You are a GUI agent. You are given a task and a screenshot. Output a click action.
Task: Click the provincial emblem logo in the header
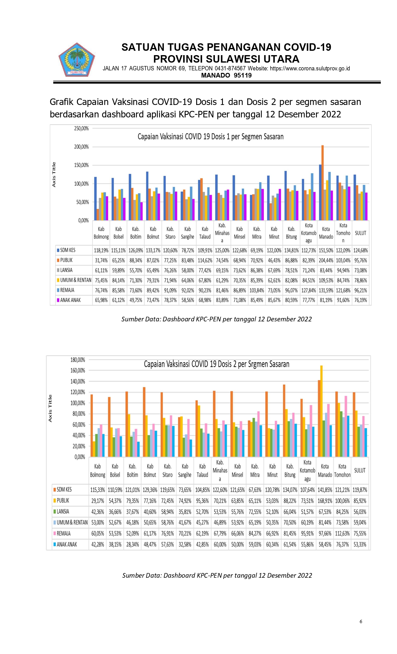coord(77,60)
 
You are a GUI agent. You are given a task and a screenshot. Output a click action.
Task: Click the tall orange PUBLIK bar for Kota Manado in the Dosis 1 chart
coord(323,183)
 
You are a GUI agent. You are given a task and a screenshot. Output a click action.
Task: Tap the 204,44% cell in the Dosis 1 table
coord(326,260)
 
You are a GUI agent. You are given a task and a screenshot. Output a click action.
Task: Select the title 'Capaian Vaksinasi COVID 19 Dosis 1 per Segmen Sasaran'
coord(210,137)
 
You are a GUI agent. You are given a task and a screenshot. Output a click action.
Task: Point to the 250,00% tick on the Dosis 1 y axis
coord(81,128)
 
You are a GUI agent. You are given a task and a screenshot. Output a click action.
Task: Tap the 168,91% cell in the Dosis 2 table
coord(325,501)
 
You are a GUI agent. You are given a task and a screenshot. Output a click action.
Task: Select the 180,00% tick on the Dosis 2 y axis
coord(78,360)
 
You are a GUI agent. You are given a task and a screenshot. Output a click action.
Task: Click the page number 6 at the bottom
coord(361,621)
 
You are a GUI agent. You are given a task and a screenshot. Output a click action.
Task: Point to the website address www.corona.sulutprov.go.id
coord(310,69)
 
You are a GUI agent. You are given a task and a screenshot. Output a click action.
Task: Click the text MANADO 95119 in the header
coord(226,75)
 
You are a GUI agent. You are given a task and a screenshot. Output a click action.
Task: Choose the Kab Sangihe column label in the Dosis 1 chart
coord(187,233)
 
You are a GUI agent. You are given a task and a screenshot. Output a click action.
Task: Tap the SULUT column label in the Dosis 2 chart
coord(360,471)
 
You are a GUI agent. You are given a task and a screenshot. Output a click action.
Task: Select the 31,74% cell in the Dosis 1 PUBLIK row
coord(101,260)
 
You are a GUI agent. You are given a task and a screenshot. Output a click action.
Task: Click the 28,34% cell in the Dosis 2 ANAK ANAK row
coord(132,544)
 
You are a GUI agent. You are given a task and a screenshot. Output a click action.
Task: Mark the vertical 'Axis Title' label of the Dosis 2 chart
coord(50,408)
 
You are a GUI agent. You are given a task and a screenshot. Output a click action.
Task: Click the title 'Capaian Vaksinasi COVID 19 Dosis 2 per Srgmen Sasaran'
coord(216,364)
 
